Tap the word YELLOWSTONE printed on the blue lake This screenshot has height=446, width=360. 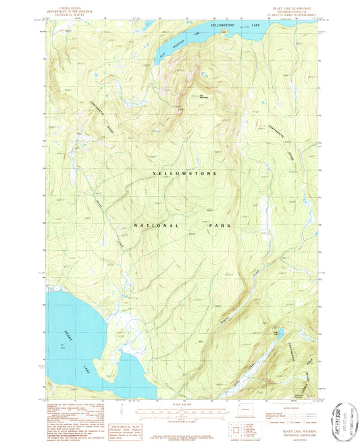coord(226,25)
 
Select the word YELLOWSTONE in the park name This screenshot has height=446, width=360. coord(186,174)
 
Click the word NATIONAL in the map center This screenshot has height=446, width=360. coord(157,225)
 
